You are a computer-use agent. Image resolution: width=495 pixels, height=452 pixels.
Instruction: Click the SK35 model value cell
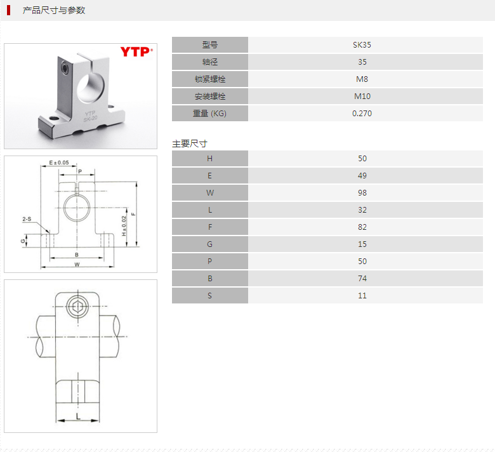pyautogui.click(x=362, y=45)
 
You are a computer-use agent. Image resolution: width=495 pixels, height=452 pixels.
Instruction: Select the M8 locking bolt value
pyautogui.click(x=362, y=79)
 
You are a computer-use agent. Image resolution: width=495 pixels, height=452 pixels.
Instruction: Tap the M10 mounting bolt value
pyautogui.click(x=362, y=96)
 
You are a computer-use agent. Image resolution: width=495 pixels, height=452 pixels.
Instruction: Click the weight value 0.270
pyautogui.click(x=362, y=114)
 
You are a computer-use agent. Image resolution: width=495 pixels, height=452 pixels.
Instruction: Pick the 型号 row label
pyautogui.click(x=209, y=45)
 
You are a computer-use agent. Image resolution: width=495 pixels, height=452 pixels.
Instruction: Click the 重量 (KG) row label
pyautogui.click(x=209, y=114)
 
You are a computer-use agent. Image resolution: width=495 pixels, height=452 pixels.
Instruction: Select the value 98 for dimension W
pyautogui.click(x=362, y=193)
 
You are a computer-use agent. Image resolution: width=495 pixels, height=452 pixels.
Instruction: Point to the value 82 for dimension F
pyautogui.click(x=362, y=227)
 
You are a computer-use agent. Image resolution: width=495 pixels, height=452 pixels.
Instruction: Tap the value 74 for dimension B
pyautogui.click(x=362, y=279)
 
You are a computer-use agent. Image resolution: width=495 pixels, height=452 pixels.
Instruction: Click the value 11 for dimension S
pyautogui.click(x=362, y=296)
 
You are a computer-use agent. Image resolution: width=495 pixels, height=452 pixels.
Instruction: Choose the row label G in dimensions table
pyautogui.click(x=209, y=244)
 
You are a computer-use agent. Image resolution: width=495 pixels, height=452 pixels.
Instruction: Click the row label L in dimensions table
pyautogui.click(x=209, y=210)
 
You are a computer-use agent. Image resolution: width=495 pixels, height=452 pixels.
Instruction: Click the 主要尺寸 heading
pyautogui.click(x=189, y=143)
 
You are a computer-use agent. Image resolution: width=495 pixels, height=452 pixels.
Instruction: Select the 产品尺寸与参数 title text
pyautogui.click(x=54, y=10)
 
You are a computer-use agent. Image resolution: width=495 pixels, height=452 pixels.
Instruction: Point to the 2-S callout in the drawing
pyautogui.click(x=27, y=219)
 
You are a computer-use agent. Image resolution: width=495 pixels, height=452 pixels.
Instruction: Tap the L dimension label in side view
pyautogui.click(x=77, y=416)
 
